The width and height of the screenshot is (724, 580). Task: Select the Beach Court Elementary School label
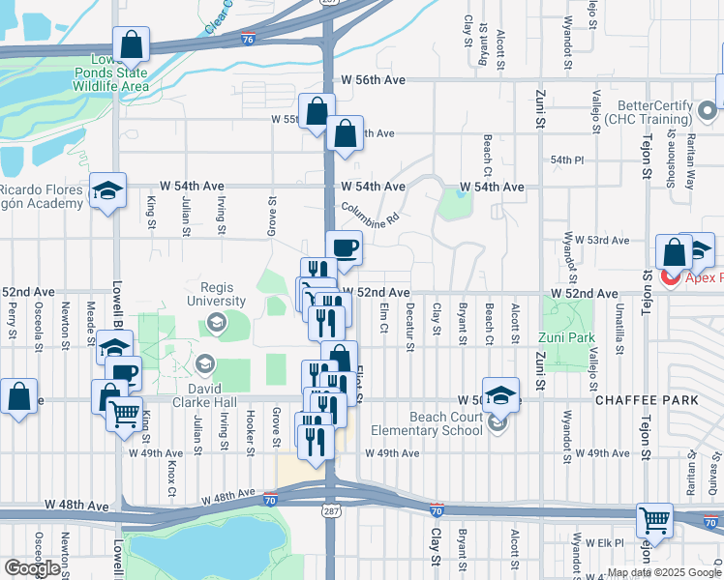431,422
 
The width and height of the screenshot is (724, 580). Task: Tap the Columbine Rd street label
370,213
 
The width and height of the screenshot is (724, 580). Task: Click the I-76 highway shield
249,39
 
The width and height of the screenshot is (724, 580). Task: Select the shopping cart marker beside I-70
655,520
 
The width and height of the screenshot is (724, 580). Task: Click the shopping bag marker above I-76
131,44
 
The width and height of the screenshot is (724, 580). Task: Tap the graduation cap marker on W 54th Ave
107,190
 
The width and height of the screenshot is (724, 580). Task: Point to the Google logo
31,568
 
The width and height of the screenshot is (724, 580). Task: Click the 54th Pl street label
567,159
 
